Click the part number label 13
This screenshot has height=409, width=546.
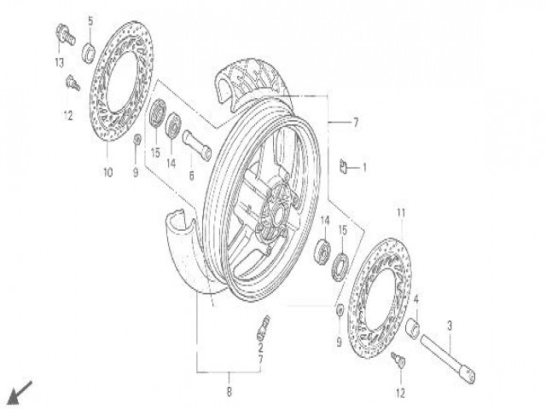pos(59,62)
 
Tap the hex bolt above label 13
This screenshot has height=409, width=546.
pos(66,34)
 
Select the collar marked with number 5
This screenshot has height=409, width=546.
pos(89,52)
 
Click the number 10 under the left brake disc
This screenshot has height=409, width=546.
pos(108,172)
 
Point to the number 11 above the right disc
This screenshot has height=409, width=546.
pos(401,212)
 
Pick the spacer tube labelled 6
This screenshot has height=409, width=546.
pos(197,145)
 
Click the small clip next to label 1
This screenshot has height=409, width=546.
pos(344,166)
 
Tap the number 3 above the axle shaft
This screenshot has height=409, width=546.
pos(450,325)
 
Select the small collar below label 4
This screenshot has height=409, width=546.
pos(413,328)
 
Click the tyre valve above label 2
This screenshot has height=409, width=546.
pos(264,327)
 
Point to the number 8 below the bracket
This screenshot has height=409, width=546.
pos(229,392)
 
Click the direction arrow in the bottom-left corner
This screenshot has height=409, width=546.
pos(20,393)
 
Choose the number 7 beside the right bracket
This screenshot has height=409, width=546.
pos(355,123)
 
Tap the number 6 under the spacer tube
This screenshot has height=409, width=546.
pos(191,176)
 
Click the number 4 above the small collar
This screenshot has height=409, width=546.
pos(415,299)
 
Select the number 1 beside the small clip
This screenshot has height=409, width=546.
pos(364,168)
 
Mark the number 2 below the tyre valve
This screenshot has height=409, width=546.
pos(260,347)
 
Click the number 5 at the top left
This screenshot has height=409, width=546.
pos(90,21)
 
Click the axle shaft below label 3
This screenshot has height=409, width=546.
pos(448,360)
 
